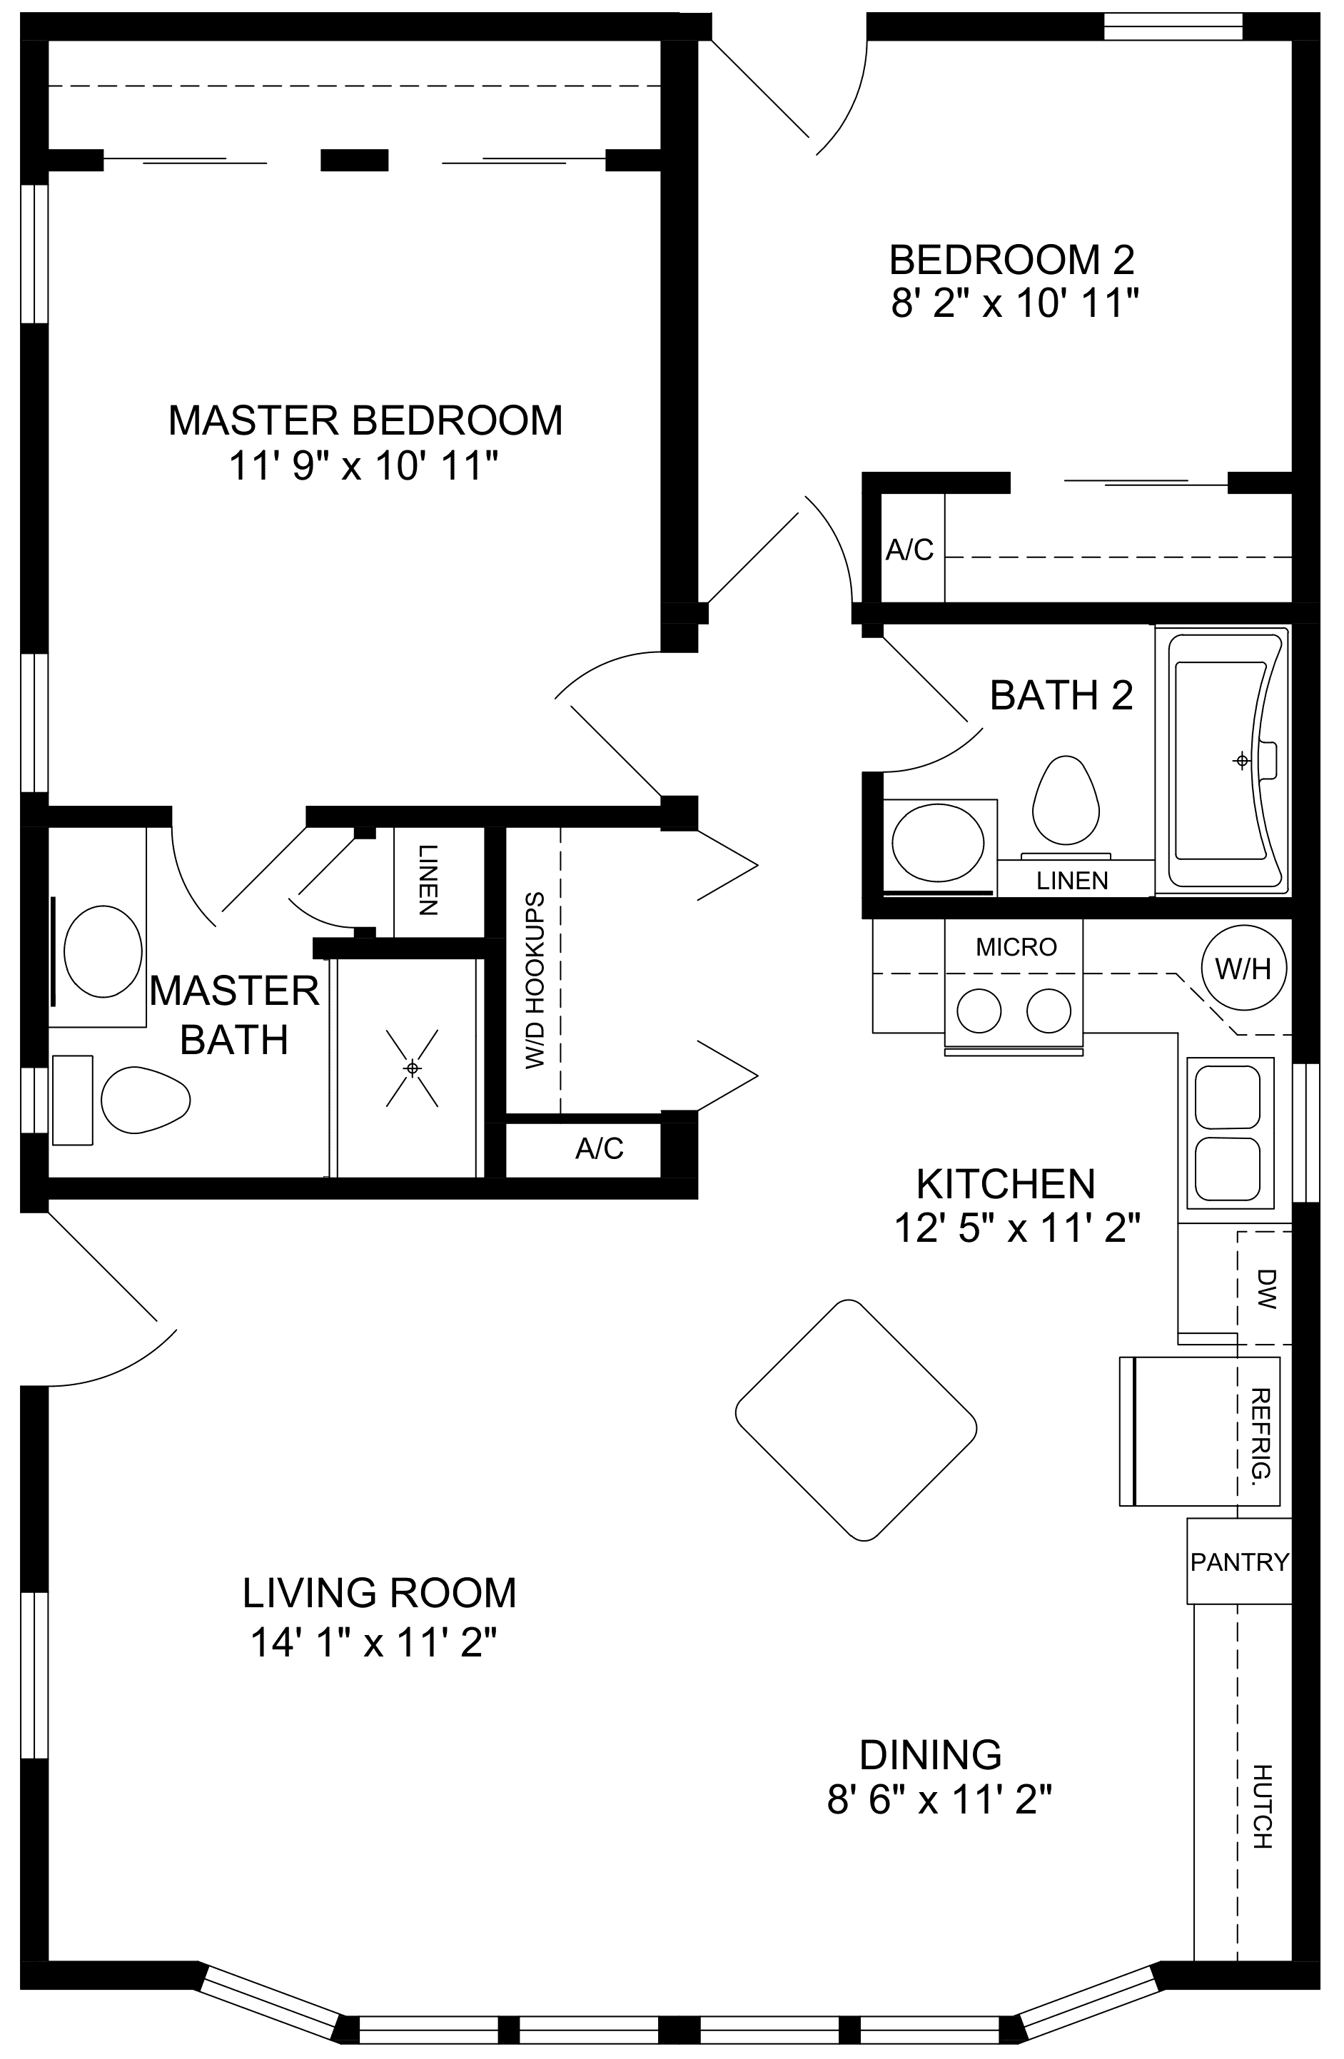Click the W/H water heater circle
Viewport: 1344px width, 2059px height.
(x=1243, y=967)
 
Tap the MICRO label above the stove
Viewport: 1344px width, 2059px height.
(x=1016, y=947)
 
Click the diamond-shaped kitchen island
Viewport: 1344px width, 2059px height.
(x=856, y=1420)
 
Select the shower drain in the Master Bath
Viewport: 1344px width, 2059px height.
(x=413, y=1068)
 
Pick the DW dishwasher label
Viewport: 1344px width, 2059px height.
(x=1265, y=1288)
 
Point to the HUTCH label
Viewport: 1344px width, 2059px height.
(x=1263, y=1806)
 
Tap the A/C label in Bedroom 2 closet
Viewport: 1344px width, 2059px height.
(x=909, y=550)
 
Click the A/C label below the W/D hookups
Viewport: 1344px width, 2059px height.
(x=599, y=1148)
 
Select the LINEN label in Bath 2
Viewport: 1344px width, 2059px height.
(x=1072, y=881)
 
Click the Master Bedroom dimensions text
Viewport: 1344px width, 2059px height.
(x=364, y=467)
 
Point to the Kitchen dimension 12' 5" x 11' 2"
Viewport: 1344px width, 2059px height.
(x=1017, y=1228)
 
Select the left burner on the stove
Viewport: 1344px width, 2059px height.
(x=979, y=1010)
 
